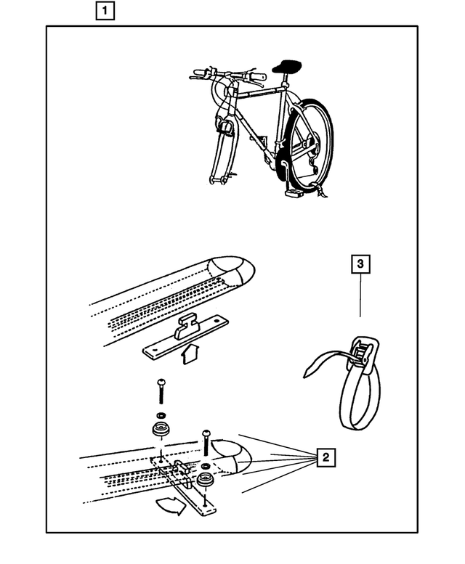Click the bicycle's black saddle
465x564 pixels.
coord(288,68)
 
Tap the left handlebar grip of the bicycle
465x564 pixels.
coord(199,73)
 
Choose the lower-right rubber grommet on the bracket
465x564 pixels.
coord(206,482)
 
